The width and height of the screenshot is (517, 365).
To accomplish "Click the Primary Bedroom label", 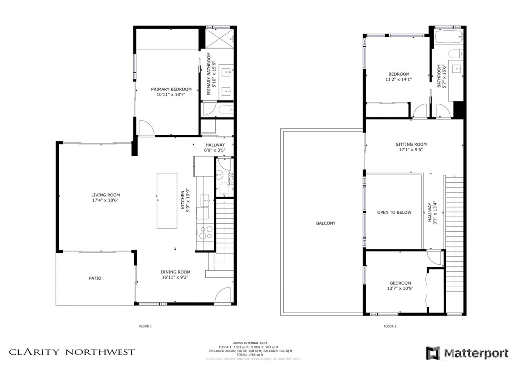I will pyautogui.click(x=171, y=89).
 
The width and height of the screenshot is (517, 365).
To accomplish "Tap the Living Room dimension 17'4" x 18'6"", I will pyautogui.click(x=105, y=200).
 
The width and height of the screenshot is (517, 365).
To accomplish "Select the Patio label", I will pyautogui.click(x=95, y=278).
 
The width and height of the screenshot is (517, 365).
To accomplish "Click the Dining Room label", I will pyautogui.click(x=175, y=272).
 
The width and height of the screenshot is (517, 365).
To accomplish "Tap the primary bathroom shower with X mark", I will pyautogui.click(x=220, y=38).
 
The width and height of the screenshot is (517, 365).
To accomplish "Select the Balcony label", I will pyautogui.click(x=326, y=223).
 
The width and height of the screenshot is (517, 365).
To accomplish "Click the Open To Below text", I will pyautogui.click(x=394, y=213).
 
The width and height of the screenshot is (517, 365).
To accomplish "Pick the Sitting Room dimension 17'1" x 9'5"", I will pyautogui.click(x=411, y=150).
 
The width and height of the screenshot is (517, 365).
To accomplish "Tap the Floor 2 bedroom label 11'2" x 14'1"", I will pyautogui.click(x=398, y=79).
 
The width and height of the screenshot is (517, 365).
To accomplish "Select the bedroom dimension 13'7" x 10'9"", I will pyautogui.click(x=400, y=289).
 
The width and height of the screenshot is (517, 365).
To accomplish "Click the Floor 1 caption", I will pyautogui.click(x=145, y=326).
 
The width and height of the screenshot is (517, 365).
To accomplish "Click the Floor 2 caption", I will pyautogui.click(x=390, y=326).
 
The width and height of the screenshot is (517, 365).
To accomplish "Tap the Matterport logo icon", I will pyautogui.click(x=434, y=353).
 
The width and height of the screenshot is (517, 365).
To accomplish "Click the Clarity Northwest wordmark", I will pyautogui.click(x=72, y=352).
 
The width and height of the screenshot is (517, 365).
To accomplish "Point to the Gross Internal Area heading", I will pyautogui.click(x=250, y=343).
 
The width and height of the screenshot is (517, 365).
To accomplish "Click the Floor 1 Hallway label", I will pyautogui.click(x=215, y=145).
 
